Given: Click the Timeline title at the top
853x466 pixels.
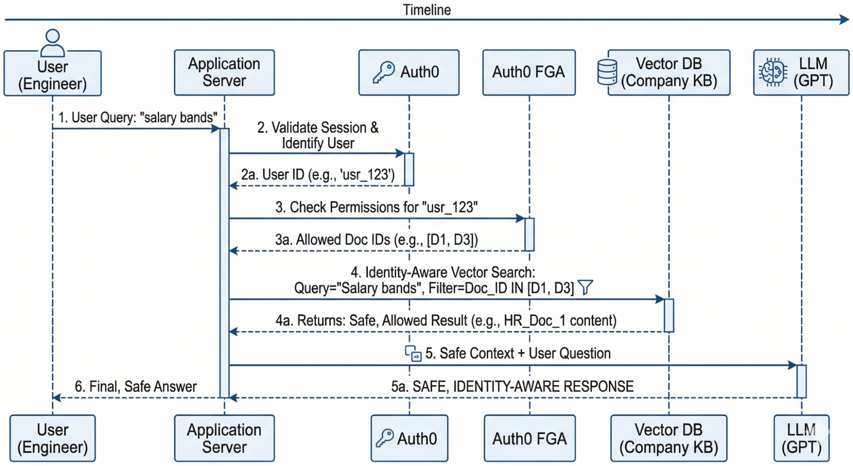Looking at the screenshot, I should [427, 10].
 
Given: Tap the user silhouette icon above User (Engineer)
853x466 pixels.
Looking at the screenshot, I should [52, 43].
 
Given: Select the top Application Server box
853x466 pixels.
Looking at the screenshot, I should [224, 72].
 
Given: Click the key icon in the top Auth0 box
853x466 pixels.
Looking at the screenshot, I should [384, 72].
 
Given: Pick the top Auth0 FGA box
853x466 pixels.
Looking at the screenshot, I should [529, 72].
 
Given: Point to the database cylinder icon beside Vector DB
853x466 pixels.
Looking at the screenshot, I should [607, 72].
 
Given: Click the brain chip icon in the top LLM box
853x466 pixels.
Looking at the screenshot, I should [773, 72].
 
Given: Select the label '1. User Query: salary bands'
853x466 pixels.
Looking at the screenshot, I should [137, 117].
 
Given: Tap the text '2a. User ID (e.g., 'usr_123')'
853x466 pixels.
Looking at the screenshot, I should [318, 175].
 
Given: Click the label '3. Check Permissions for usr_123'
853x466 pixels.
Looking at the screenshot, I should [376, 207].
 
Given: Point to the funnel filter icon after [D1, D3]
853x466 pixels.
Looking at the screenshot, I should [585, 287].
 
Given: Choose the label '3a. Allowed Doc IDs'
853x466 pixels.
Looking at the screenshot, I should [376, 240].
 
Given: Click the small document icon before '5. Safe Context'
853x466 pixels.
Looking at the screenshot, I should [413, 354].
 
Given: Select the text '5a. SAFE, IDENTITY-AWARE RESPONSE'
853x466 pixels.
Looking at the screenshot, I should [512, 387].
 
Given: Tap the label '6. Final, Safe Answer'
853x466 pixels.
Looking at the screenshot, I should [136, 387].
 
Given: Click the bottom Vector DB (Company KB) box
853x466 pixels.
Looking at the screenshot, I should [669, 438].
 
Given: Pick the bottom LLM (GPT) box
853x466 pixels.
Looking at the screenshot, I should [801, 438].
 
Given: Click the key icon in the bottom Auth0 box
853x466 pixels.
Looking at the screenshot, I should [384, 438].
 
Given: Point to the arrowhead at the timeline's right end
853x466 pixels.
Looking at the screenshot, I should [844, 20].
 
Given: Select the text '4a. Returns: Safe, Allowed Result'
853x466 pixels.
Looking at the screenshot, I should [446, 321].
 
